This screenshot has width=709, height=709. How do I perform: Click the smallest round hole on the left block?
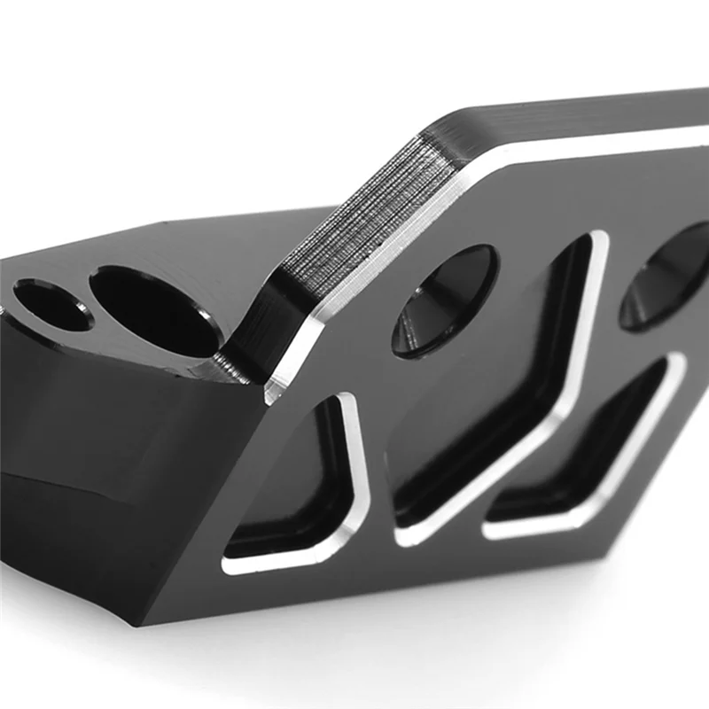[51, 304]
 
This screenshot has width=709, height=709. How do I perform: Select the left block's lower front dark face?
[71, 496]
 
